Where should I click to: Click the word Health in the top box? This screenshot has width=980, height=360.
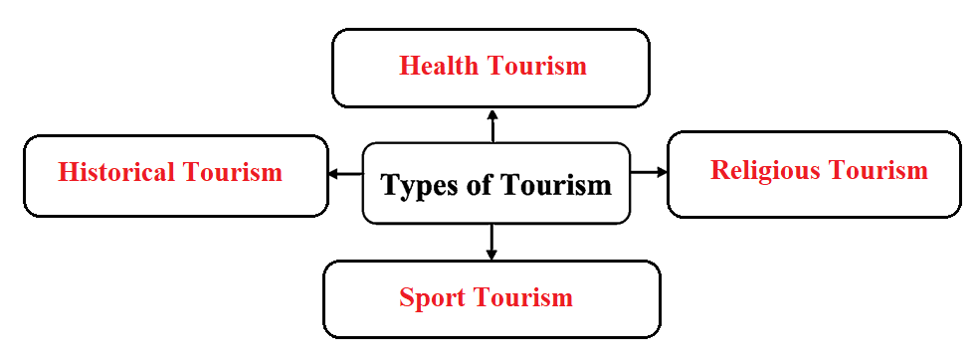tap(439, 66)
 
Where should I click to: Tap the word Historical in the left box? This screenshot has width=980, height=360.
tap(116, 172)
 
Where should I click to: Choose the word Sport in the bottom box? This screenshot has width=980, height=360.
tap(431, 298)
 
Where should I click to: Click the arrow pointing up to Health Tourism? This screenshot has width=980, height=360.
tap(492, 125)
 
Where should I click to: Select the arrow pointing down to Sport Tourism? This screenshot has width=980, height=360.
tap(491, 242)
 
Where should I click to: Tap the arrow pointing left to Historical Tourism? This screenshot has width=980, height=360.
tap(345, 173)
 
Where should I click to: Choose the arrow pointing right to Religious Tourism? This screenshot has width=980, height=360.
tap(650, 171)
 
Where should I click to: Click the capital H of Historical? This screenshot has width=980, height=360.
tap(68, 172)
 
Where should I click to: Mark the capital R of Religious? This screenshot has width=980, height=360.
tap(720, 169)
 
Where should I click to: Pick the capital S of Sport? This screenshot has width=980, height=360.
tap(407, 297)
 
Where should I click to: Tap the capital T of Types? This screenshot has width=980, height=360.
tap(391, 184)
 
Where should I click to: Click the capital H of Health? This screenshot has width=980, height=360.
tap(409, 66)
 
